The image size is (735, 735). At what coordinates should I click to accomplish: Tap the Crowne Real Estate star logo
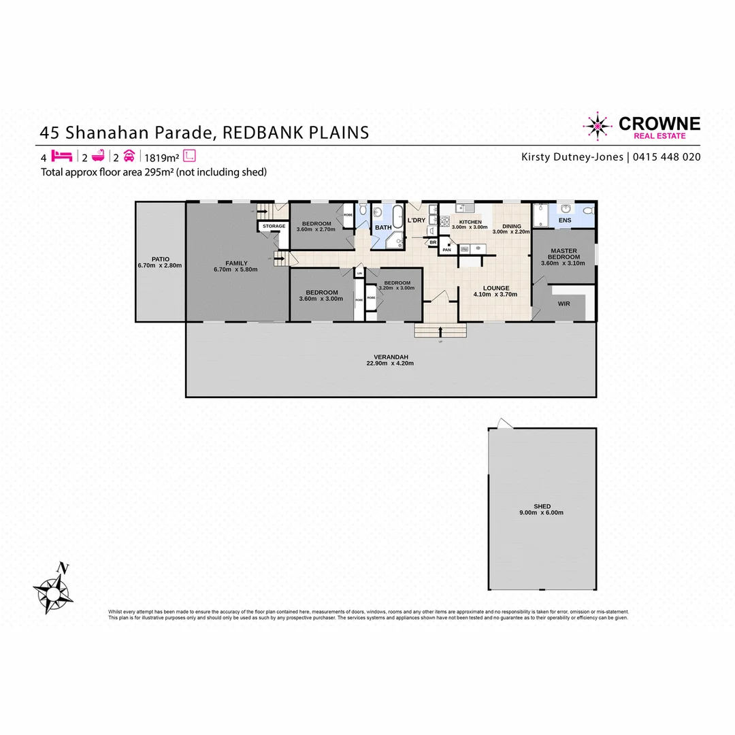(x=598, y=127)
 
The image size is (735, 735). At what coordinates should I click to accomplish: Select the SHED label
(x=542, y=506)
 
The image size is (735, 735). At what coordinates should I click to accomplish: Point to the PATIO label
(x=160, y=259)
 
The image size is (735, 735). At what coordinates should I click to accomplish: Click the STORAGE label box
(x=274, y=226)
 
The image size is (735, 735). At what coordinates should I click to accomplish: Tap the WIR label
(x=563, y=304)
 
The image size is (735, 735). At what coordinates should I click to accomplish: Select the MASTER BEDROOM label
(x=563, y=253)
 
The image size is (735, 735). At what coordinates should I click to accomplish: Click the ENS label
(x=565, y=220)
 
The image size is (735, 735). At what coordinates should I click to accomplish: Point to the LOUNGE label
(x=495, y=288)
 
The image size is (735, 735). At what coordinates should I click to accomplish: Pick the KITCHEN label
(x=470, y=222)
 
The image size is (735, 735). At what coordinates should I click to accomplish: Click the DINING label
(x=511, y=226)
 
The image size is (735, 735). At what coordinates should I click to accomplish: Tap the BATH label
(x=383, y=227)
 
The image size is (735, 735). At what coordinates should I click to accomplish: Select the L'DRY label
(x=416, y=220)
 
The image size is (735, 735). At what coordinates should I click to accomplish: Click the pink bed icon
(x=62, y=156)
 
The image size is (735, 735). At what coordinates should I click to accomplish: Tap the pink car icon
(x=129, y=156)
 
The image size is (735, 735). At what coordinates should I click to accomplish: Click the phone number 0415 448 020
(x=667, y=157)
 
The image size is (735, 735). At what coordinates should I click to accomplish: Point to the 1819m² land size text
(x=161, y=157)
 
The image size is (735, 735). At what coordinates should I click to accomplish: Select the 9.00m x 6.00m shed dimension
(x=542, y=513)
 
